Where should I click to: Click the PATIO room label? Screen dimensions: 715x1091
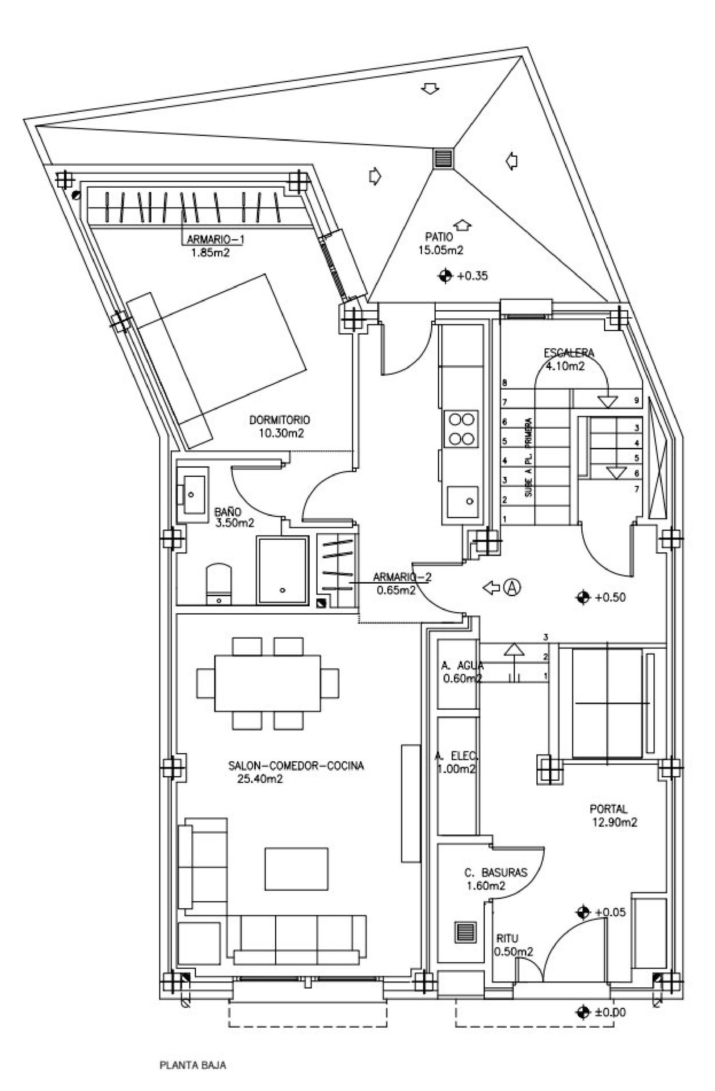[439, 237]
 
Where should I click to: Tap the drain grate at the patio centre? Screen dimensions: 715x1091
[443, 159]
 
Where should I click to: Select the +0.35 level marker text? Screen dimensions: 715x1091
[472, 276]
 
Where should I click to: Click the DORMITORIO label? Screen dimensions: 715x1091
[279, 419]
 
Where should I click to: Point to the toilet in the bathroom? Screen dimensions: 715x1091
[219, 585]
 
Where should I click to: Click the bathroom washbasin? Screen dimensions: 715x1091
[192, 495]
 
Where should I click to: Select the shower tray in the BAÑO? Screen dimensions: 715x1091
[282, 570]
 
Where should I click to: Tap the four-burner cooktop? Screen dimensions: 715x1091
[461, 429]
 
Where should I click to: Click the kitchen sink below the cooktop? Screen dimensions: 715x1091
[463, 501]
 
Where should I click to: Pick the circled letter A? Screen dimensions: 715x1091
[513, 587]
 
